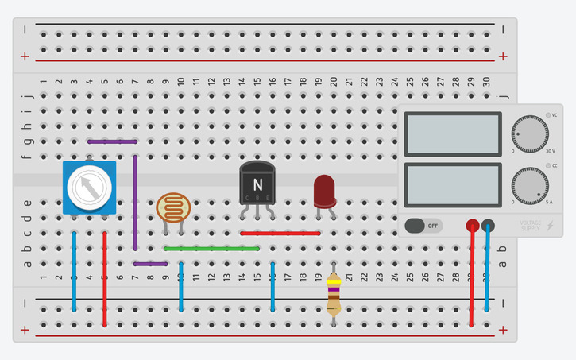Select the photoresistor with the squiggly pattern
(x=173, y=207)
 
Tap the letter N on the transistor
(x=257, y=184)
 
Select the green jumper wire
(x=211, y=249)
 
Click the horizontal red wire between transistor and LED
(x=280, y=234)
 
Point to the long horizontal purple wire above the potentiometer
(x=112, y=142)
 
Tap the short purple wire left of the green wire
(x=150, y=264)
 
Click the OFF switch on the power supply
(x=423, y=226)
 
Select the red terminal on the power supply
(x=473, y=226)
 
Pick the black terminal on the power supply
(x=488, y=226)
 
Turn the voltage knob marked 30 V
(x=530, y=134)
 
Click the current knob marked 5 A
(x=530, y=184)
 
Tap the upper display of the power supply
(x=452, y=134)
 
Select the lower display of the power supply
(x=452, y=184)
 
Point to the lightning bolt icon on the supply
(x=550, y=226)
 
